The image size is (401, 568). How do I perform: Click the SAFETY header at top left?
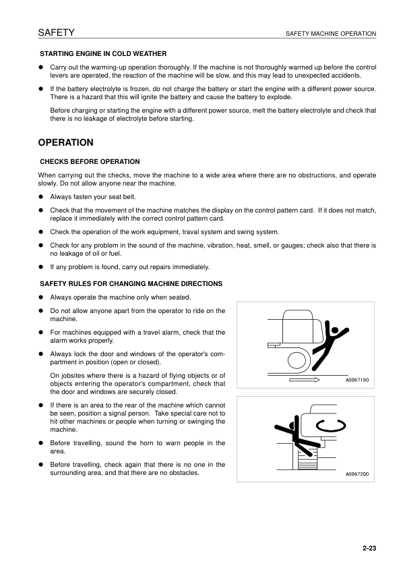coord(56,32)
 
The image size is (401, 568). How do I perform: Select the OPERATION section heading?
coord(65,143)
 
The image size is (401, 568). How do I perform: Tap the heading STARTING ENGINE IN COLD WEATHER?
coord(104,53)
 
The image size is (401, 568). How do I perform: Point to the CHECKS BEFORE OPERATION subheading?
coord(90,162)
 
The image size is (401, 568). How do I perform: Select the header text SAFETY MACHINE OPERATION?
coord(331,33)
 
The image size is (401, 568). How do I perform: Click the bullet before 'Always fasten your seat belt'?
coord(41,197)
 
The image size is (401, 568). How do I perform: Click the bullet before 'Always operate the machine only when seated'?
coord(41,297)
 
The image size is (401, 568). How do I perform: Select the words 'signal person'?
coord(143,411)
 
